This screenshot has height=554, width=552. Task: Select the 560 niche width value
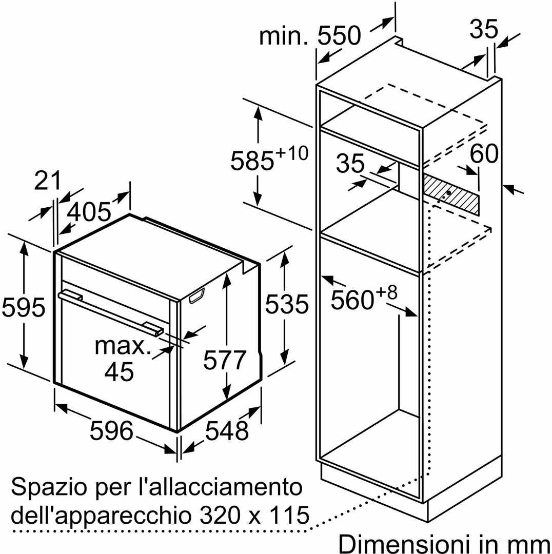point(352,300)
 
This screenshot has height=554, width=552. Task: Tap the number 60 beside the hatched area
point(484,154)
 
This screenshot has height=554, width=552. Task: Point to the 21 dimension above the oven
point(47,181)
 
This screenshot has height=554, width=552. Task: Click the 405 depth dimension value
point(90,211)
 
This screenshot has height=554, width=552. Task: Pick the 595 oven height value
point(24,307)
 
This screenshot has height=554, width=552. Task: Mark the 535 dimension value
point(286,304)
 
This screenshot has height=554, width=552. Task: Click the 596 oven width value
point(112,430)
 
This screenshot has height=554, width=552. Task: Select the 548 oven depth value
point(227,431)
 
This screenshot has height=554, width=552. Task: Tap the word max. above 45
point(123,346)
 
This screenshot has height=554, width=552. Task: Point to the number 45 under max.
point(119,371)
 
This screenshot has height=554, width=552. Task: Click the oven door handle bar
point(110,312)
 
